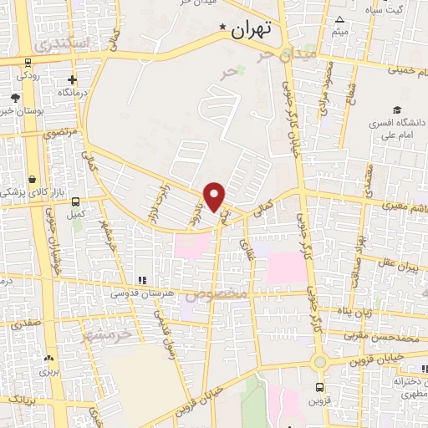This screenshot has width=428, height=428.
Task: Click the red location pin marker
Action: (215, 196)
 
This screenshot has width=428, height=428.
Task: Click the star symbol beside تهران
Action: (222, 28)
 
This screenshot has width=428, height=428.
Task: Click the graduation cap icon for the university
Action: (399, 110)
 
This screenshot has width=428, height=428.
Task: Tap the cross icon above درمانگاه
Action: (73, 80)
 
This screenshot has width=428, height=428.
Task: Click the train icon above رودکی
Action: (28, 61)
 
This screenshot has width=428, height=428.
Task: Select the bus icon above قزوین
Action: (319, 387)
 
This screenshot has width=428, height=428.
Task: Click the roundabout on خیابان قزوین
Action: (318, 361)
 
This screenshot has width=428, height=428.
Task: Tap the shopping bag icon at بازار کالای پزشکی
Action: (31, 179)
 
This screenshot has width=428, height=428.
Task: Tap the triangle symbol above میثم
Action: (339, 20)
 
